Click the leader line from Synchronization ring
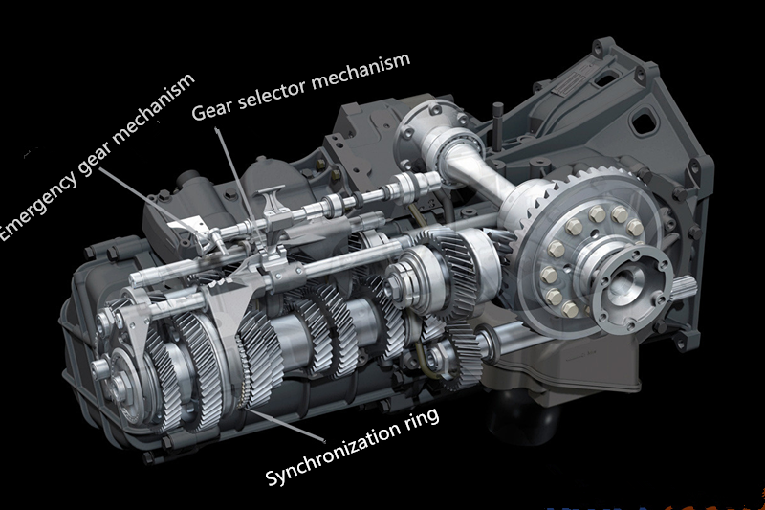click(x=283, y=425)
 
